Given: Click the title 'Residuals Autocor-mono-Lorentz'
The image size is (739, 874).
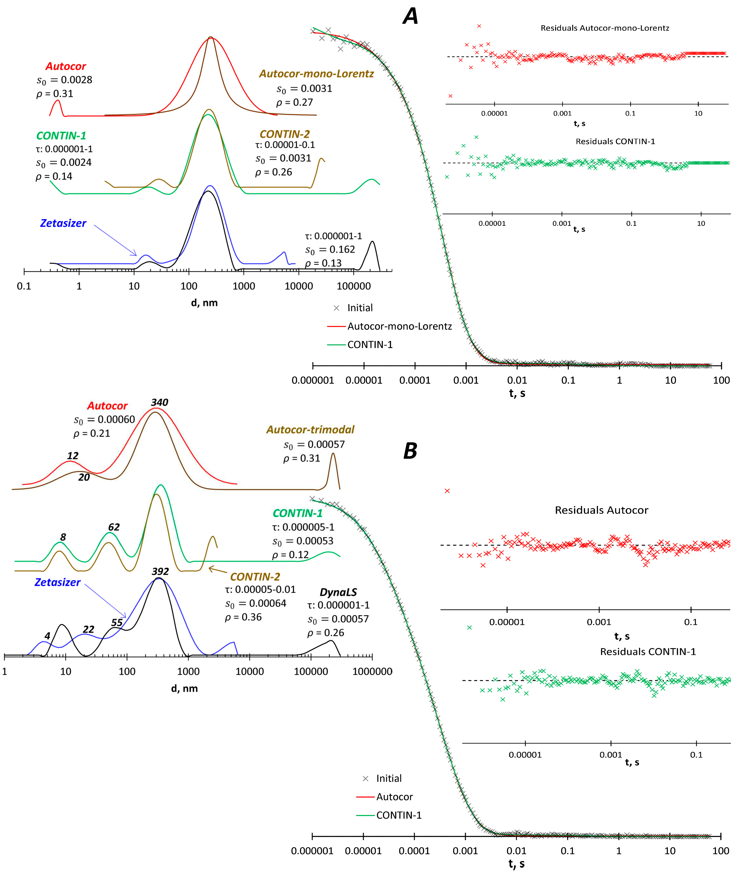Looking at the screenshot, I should coord(605,28).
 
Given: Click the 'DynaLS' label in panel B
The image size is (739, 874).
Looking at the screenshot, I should coord(338,592).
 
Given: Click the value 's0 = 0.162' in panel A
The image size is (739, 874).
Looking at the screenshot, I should coord(330,250).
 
